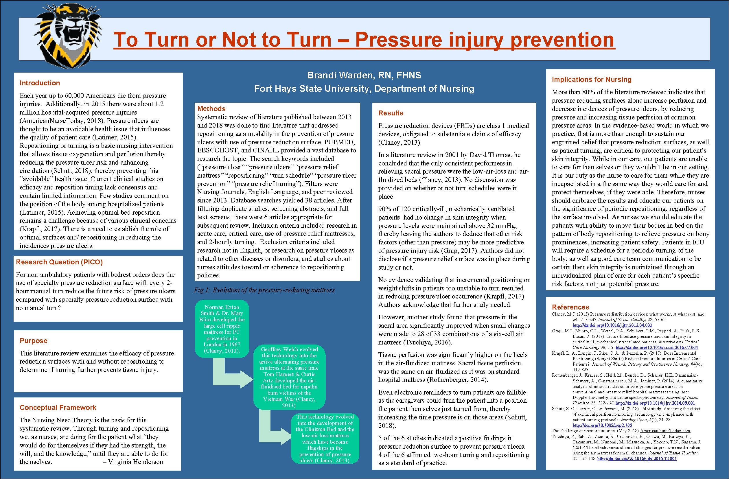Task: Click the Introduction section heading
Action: [x=40, y=83]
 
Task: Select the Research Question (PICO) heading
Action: [x=59, y=262]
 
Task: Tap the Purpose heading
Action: [x=33, y=340]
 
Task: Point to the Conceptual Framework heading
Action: [x=58, y=408]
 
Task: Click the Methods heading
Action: [x=211, y=109]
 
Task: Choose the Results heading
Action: [x=391, y=113]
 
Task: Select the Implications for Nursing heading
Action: [x=592, y=80]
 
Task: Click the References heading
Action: [x=570, y=307]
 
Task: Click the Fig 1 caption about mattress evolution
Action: [x=264, y=290]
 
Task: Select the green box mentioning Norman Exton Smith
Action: [x=222, y=329]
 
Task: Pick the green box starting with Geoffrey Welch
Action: [x=289, y=377]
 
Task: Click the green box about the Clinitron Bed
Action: [x=325, y=438]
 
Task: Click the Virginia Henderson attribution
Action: [x=133, y=462]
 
